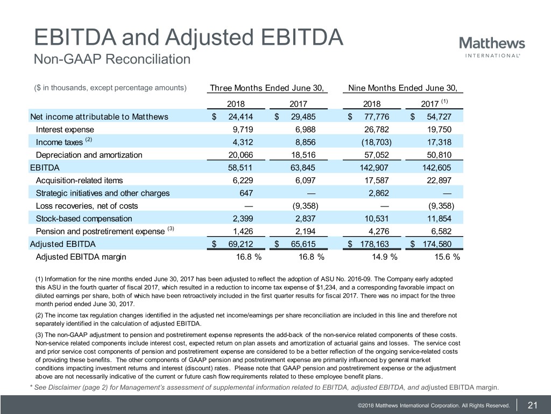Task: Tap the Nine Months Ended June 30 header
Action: pos(406,88)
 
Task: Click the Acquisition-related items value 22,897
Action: pos(436,180)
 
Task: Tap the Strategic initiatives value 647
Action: pos(246,193)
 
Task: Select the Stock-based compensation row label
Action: pos(83,218)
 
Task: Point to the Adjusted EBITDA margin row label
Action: pos(81,257)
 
